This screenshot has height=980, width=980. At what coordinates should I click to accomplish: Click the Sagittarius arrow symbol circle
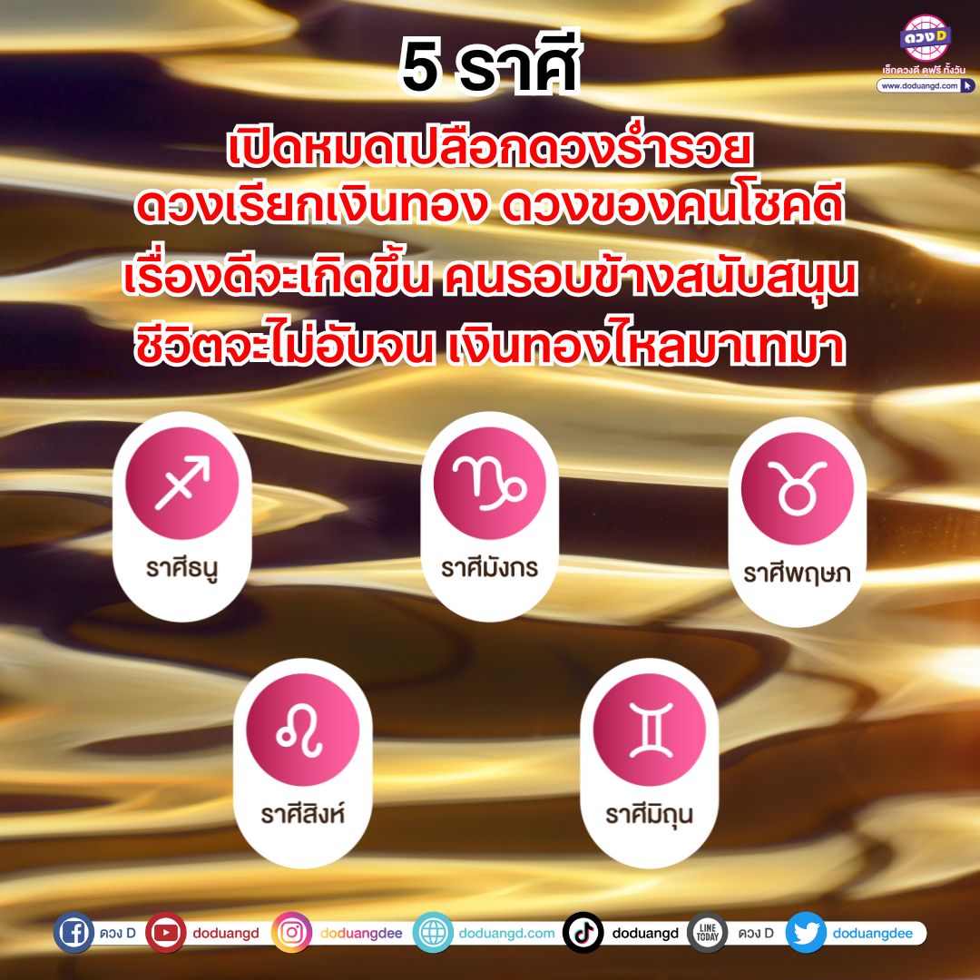pyautogui.click(x=181, y=483)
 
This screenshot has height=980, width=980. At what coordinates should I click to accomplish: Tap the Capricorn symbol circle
pyautogui.click(x=489, y=483)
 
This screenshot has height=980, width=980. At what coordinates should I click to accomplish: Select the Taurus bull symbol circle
pyautogui.click(x=797, y=488)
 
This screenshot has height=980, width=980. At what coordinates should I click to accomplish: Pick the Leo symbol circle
pyautogui.click(x=302, y=730)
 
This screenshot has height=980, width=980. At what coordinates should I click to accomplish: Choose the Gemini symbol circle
pyautogui.click(x=650, y=730)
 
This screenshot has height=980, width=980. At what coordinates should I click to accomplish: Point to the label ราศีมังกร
pyautogui.click(x=489, y=567)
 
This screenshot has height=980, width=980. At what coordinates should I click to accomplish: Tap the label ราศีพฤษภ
pyautogui.click(x=797, y=573)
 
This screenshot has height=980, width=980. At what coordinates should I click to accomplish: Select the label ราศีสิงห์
pyautogui.click(x=302, y=814)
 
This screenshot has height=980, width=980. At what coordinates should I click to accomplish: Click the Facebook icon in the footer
pyautogui.click(x=73, y=933)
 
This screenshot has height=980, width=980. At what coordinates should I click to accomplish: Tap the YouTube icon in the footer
pyautogui.click(x=166, y=933)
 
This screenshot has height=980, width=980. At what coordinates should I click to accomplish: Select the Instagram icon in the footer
pyautogui.click(x=291, y=933)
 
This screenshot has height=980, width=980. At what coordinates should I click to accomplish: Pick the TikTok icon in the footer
pyautogui.click(x=583, y=933)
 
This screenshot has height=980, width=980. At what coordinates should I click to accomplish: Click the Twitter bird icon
pyautogui.click(x=807, y=933)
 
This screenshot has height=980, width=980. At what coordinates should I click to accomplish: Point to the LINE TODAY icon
pyautogui.click(x=707, y=933)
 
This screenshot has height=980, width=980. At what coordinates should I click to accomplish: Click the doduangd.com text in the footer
pyautogui.click(x=507, y=933)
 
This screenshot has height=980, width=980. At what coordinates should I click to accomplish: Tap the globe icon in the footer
pyautogui.click(x=433, y=933)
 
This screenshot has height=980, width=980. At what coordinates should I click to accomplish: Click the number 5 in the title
pyautogui.click(x=420, y=67)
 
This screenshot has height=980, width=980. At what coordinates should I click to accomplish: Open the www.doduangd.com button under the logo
pyautogui.click(x=925, y=85)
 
